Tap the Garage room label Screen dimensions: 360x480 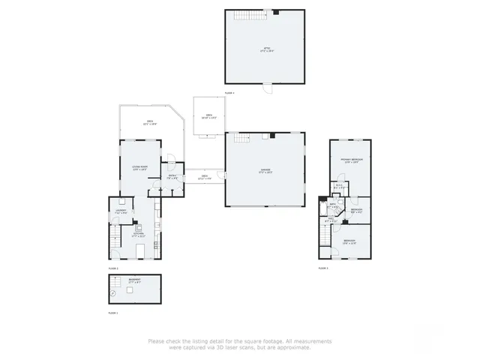point(265,171)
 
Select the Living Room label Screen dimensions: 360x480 point(139,167)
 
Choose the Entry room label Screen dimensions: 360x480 point(172,177)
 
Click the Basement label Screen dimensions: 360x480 point(133,280)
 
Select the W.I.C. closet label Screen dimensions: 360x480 point(339,187)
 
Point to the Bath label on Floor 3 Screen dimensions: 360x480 point(331,205)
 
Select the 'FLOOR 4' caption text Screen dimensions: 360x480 point(229,93)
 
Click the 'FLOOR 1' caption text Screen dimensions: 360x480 point(112,312)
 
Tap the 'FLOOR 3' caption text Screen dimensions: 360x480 point(322,268)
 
